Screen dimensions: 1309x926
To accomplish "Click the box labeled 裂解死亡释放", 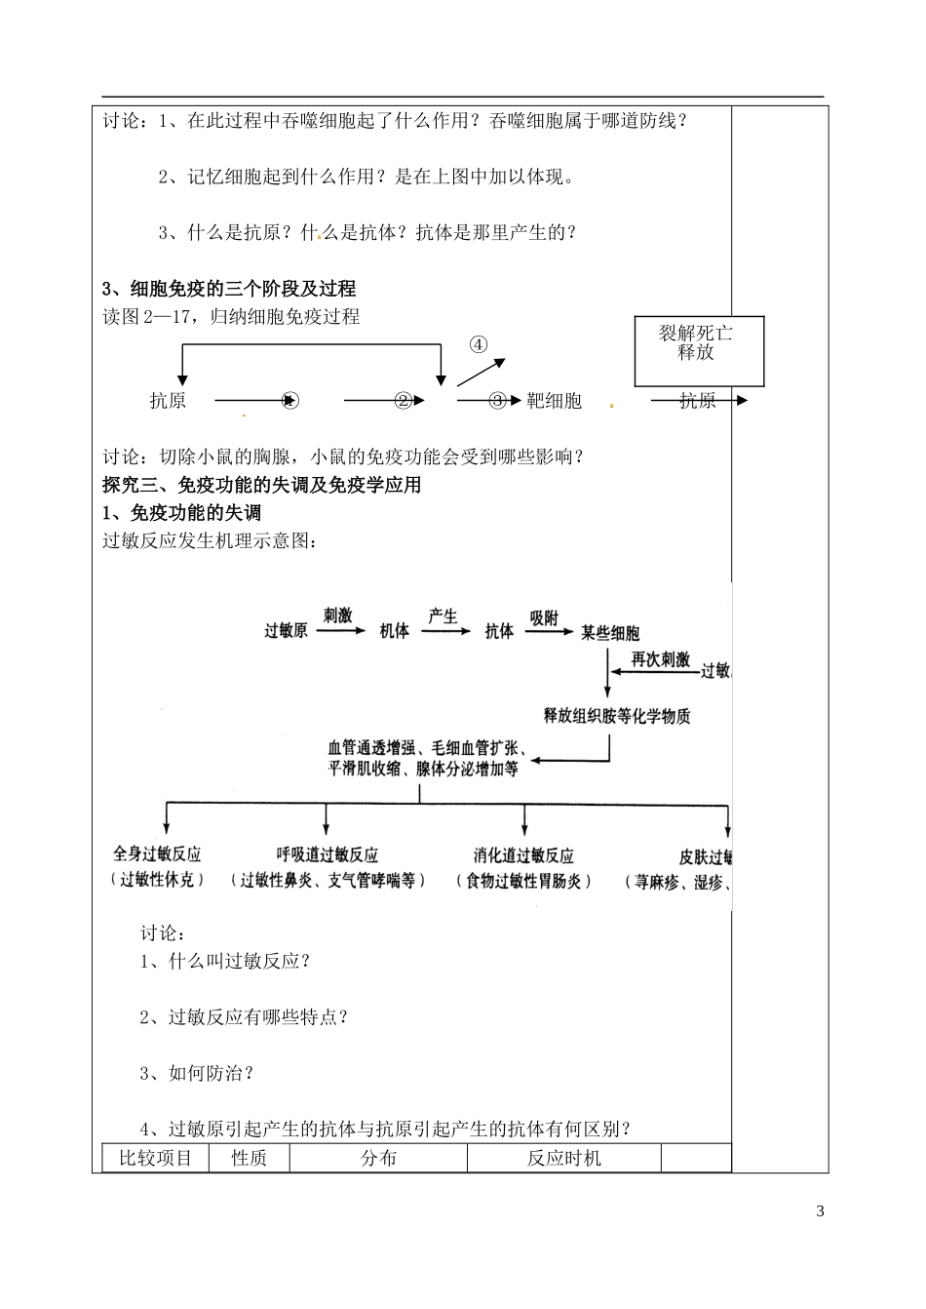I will point(699,351).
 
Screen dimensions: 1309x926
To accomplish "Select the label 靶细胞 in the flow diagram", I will point(554,400).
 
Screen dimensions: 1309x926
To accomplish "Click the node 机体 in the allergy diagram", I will point(395,631).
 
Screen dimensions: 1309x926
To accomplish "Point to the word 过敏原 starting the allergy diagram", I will point(287,631).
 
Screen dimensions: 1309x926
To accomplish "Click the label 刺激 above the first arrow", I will point(337,615).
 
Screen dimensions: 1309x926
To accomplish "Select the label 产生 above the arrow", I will point(444,615).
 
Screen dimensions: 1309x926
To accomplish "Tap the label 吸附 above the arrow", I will point(544,616).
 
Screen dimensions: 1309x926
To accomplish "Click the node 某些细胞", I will point(610,632).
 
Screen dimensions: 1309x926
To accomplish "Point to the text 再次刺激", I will point(661,659).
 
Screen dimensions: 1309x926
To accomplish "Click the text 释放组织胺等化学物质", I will point(617,716).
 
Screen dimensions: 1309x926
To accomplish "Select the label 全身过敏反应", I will point(158,854).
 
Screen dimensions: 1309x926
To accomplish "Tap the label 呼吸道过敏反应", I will point(328,855).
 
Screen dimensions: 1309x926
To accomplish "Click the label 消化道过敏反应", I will point(523,855).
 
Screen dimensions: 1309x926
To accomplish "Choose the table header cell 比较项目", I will point(156,1158).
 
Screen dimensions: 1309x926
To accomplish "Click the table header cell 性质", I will point(249,1158).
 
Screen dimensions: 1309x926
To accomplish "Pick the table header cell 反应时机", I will point(564,1158).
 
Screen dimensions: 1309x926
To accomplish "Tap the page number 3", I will point(820,1211).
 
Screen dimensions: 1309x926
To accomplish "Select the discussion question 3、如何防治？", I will point(197,1073).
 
